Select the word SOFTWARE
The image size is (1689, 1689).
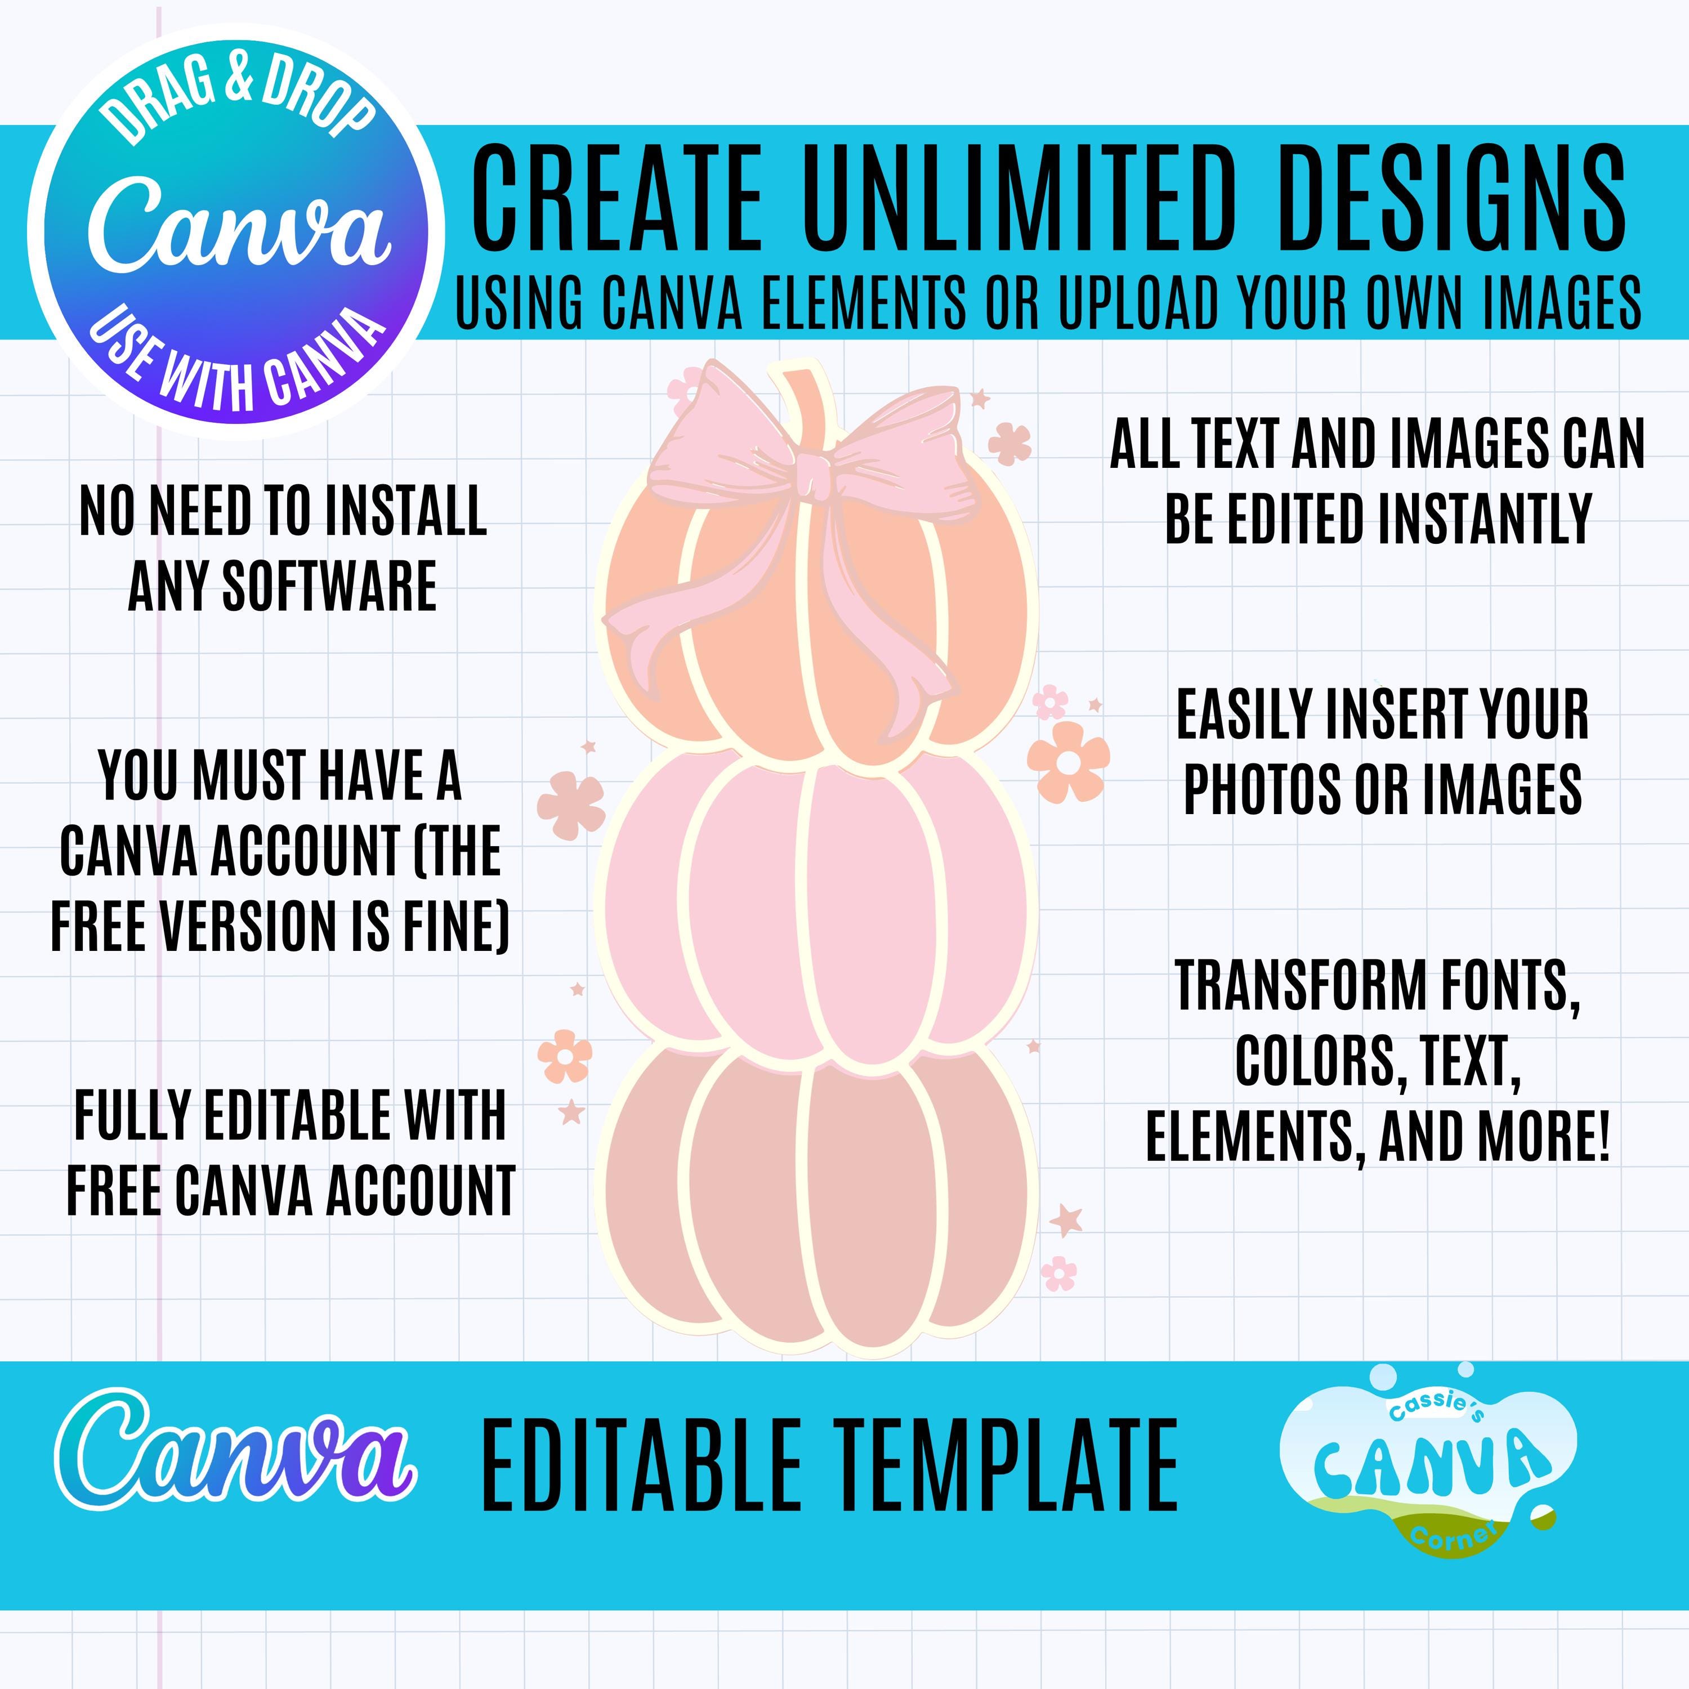pyautogui.click(x=329, y=586)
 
